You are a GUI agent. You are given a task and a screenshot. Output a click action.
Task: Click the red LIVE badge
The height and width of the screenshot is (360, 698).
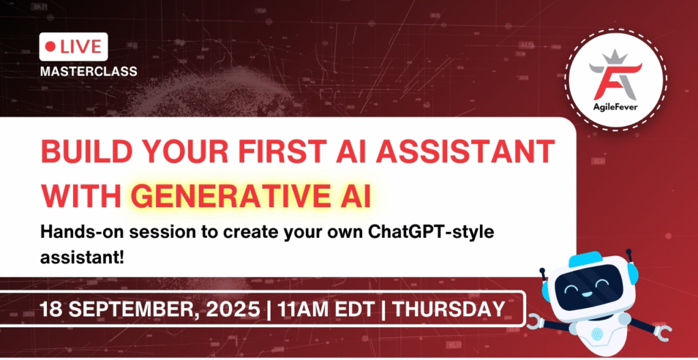point(74,47)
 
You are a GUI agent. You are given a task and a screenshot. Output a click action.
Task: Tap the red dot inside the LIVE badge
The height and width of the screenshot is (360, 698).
point(50,47)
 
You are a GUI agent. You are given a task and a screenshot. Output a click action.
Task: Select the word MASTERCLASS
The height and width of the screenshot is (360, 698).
point(89,70)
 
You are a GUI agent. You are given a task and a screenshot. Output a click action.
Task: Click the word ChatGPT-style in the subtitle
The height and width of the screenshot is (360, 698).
point(421,234)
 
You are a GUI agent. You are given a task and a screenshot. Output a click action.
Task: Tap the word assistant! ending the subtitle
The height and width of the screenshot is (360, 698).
point(76,258)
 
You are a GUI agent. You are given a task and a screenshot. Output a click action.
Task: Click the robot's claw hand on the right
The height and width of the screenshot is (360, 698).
point(662,331)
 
